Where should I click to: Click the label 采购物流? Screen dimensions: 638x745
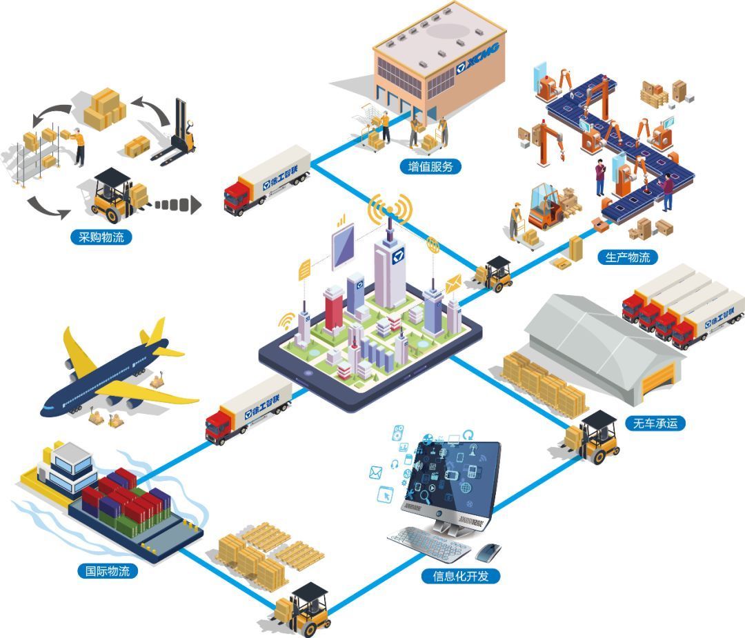101,238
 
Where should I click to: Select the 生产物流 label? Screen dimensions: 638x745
627,257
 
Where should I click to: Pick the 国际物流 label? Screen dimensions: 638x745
107,571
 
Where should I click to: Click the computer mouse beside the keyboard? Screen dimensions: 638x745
488,550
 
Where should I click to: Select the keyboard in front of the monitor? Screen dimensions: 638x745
430,544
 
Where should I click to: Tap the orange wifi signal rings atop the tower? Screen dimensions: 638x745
390,208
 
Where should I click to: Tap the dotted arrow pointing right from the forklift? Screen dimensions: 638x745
176,205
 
